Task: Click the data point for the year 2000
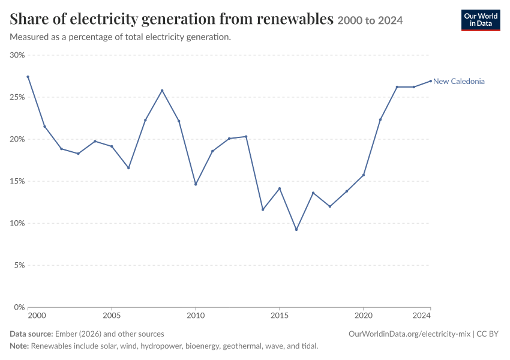28,77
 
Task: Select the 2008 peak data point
162,91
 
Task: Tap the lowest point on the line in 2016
296,230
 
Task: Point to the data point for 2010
196,184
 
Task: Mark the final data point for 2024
431,81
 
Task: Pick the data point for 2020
364,175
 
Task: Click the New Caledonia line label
458,82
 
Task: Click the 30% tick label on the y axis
17,55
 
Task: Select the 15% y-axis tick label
17,181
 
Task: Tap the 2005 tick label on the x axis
112,316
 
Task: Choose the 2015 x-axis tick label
280,316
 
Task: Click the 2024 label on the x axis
422,316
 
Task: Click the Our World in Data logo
481,20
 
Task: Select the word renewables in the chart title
295,19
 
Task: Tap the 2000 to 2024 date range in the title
370,20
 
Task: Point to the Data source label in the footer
31,334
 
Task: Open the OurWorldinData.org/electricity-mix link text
409,334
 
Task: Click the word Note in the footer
19,346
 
